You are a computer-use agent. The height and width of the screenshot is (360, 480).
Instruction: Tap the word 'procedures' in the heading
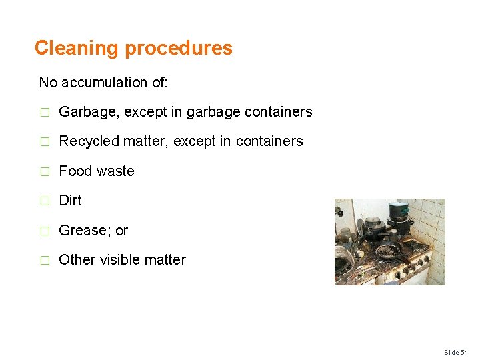(179, 48)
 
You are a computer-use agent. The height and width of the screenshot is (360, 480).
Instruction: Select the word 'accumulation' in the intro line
(103, 83)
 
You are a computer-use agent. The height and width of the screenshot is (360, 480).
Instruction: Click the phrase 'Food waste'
(97, 171)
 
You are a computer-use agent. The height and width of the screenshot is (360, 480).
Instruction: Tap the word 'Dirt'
(70, 201)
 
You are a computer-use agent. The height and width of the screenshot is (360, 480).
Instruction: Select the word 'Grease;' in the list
(85, 231)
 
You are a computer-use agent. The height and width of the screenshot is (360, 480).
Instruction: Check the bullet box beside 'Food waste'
(45, 172)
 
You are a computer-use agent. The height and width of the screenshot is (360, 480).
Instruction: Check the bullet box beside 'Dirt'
(45, 201)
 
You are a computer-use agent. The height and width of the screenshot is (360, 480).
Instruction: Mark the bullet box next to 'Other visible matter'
(45, 261)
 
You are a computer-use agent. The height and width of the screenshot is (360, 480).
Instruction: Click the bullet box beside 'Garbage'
(45, 113)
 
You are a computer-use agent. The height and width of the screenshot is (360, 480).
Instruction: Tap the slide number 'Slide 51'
(457, 351)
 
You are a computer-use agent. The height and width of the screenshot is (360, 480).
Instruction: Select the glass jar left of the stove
(345, 235)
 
